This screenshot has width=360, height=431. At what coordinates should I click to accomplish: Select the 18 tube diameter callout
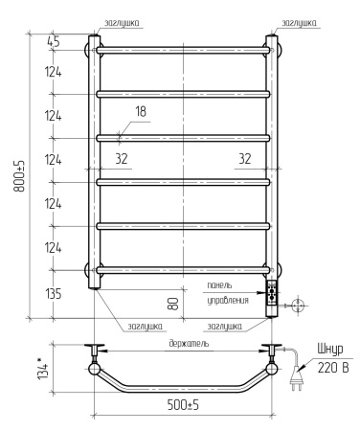tap(141, 112)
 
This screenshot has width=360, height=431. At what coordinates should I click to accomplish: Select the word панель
tap(217, 285)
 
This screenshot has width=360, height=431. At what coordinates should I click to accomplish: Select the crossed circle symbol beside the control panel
tap(298, 305)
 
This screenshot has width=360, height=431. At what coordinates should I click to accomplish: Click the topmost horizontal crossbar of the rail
tap(182, 50)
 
